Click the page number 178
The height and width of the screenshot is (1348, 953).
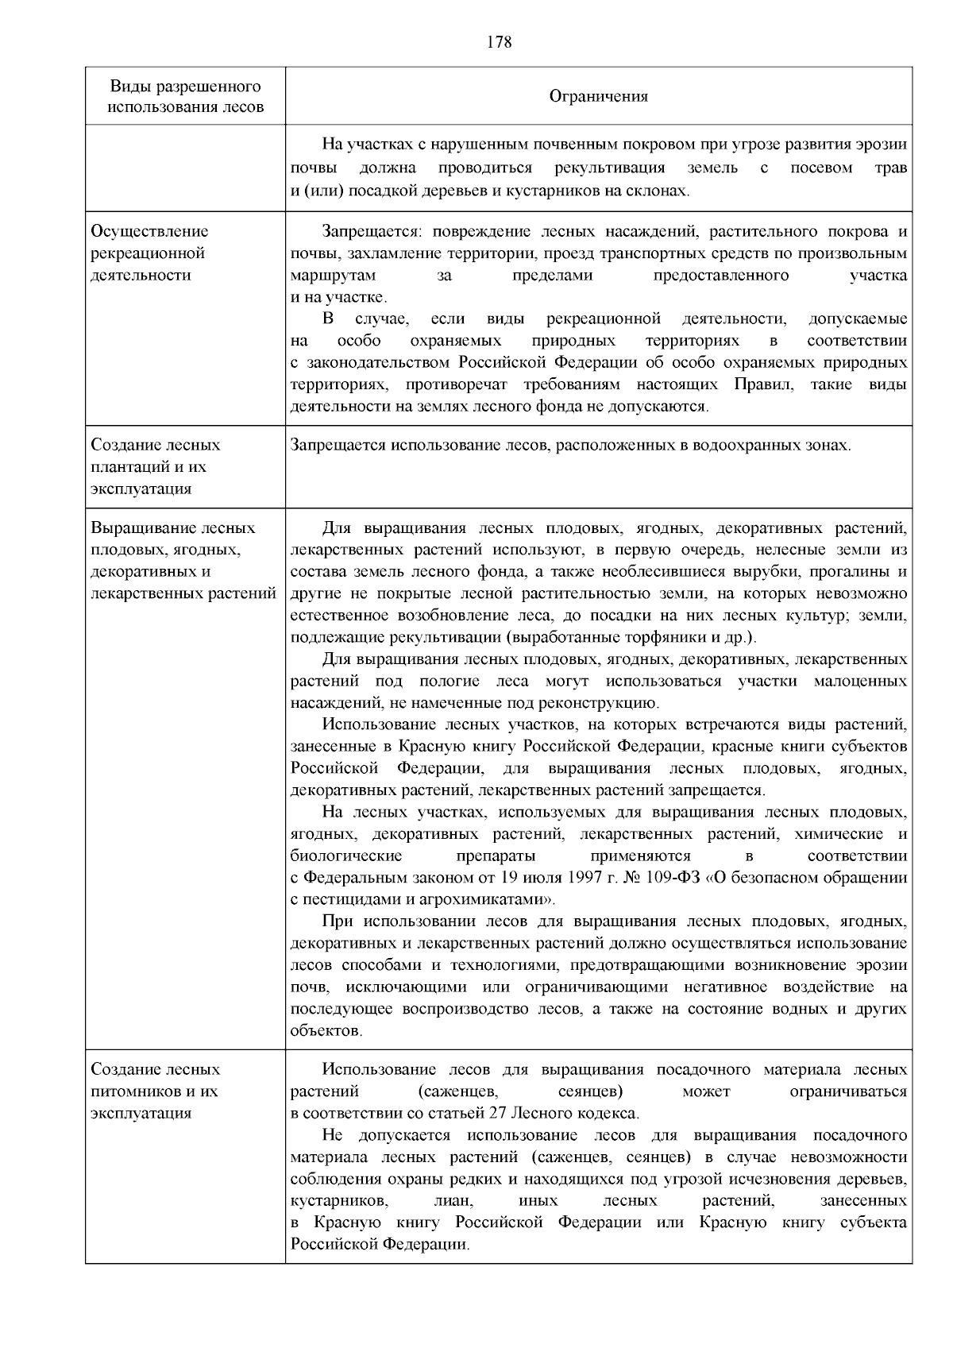[x=499, y=42]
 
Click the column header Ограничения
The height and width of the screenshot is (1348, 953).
[x=599, y=96]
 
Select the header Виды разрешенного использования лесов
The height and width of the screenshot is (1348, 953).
[x=186, y=96]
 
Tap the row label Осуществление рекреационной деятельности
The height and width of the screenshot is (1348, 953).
[x=150, y=253]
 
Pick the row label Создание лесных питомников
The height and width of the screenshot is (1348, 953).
[x=156, y=1091]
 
